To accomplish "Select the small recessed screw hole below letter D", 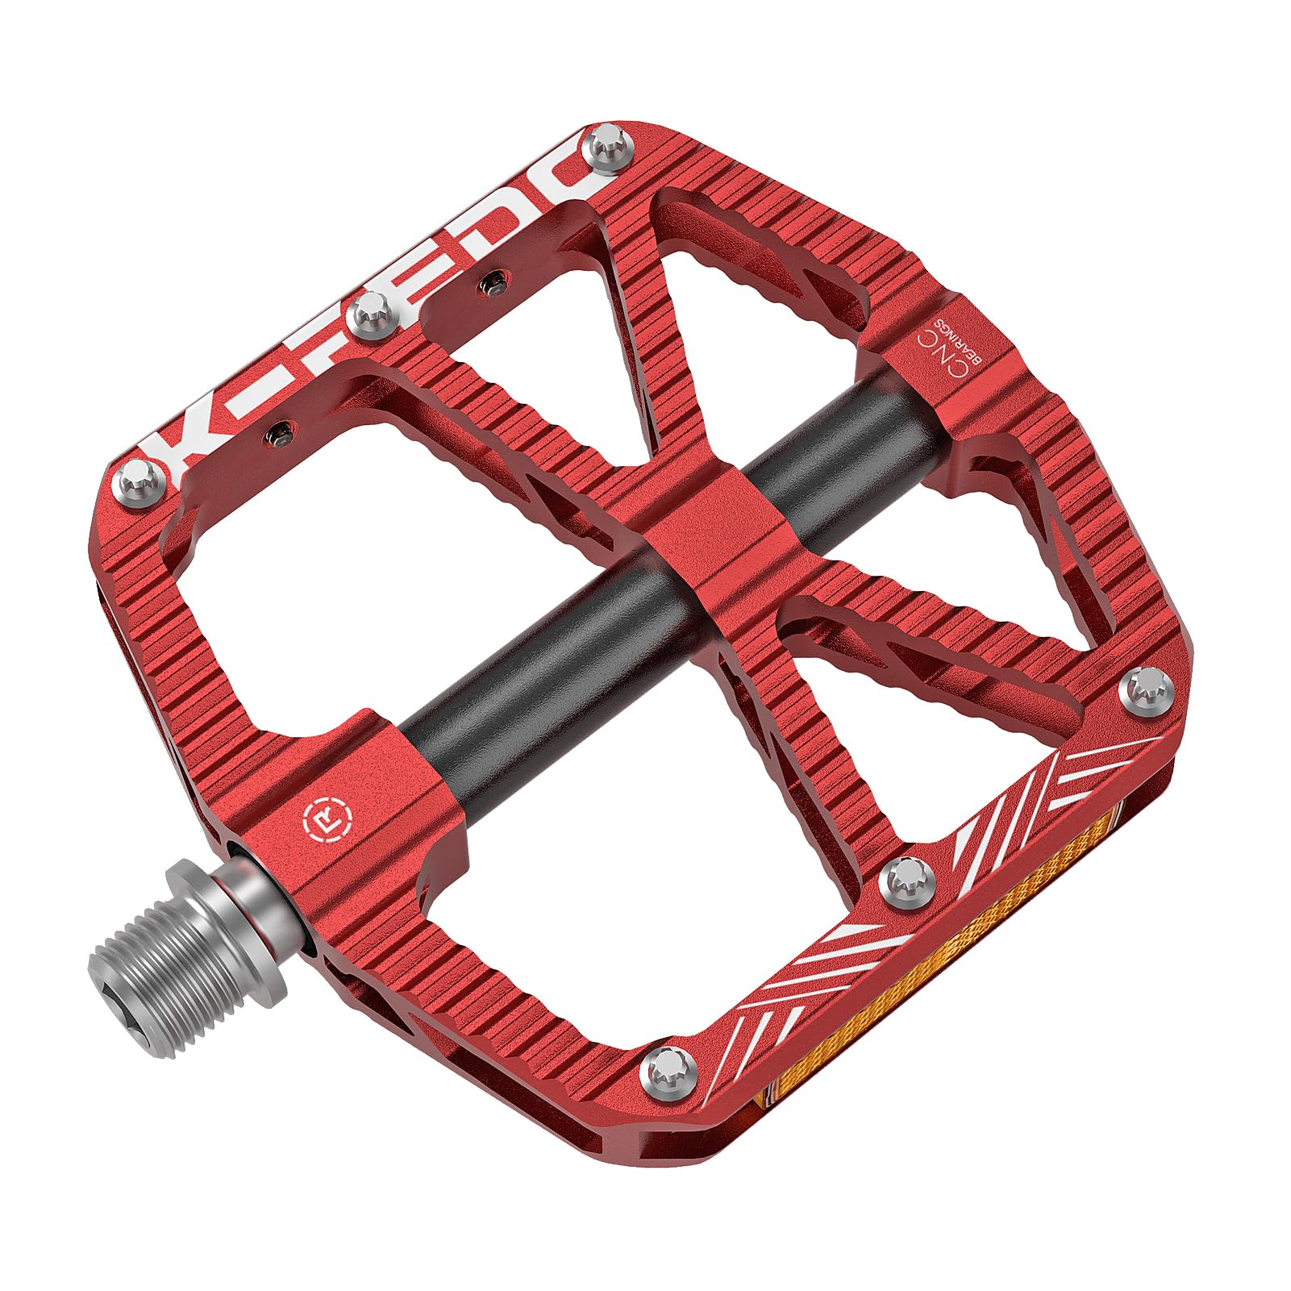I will coord(493,281).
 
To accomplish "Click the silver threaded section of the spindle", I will coord(185,952).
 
